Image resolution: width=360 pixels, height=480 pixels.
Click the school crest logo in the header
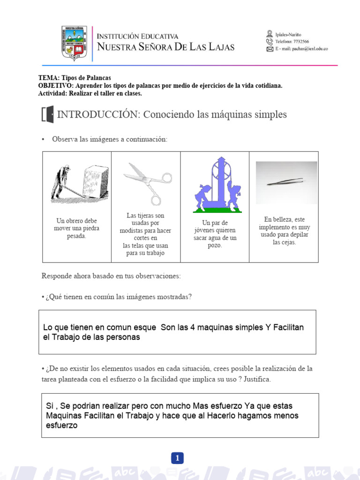pos(74,44)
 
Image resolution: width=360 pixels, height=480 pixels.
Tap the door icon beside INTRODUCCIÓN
pos(48,115)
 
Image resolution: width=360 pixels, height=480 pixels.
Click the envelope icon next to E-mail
pos(270,49)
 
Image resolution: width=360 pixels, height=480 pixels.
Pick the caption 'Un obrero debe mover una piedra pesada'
pos(76,228)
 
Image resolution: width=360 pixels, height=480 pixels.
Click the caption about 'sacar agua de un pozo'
pos(215,234)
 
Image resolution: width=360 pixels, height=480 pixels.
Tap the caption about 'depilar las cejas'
pos(284,231)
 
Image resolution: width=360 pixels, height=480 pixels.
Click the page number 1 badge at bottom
pos(178,458)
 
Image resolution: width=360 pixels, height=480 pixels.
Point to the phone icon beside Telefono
pos(270,41)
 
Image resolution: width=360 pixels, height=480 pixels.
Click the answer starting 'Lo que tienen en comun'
pos(173,332)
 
